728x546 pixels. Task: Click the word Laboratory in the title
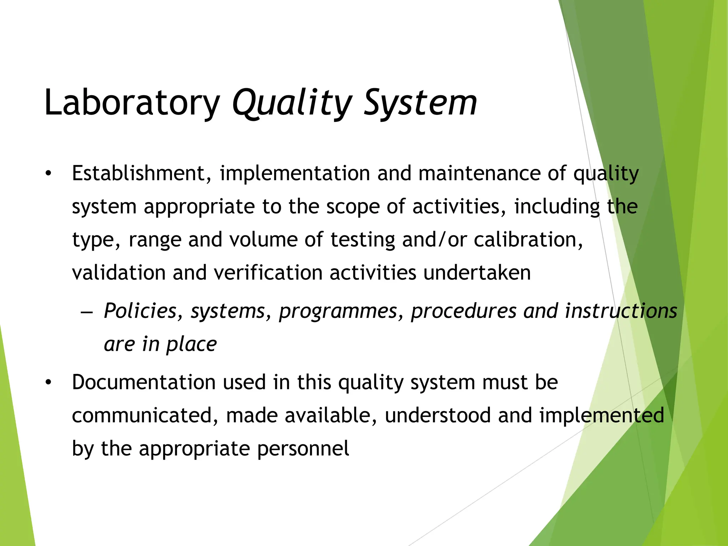tap(132, 103)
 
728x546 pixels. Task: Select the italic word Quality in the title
tap(291, 103)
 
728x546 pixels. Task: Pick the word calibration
tap(528, 240)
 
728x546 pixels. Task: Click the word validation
tap(119, 273)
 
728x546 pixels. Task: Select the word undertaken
tap(477, 273)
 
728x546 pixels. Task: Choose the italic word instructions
tap(621, 311)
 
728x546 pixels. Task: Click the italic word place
tap(191, 344)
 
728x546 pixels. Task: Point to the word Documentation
tap(144, 382)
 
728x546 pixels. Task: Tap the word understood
tap(438, 416)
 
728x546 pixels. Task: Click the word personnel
tap(303, 449)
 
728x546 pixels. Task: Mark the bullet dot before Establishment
tap(48, 174)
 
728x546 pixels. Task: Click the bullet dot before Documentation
tap(48, 383)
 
